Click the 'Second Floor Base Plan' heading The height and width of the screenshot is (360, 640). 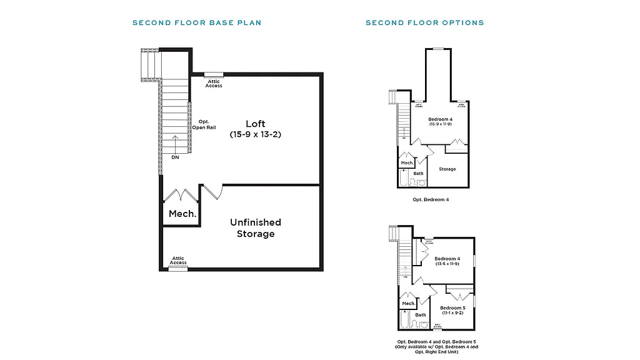(197, 23)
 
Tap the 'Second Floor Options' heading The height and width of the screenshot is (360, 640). (424, 23)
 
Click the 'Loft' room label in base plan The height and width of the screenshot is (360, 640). (255, 123)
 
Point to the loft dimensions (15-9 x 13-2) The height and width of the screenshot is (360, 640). (255, 134)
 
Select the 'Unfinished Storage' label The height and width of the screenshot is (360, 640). (255, 227)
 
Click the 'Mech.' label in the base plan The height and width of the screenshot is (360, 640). (182, 214)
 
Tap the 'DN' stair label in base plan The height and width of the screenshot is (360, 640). (176, 157)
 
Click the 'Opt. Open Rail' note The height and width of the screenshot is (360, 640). (207, 124)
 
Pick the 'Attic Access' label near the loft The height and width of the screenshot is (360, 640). (214, 83)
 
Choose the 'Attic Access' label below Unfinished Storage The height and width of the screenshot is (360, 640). (178, 261)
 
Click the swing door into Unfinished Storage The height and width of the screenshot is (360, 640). (213, 191)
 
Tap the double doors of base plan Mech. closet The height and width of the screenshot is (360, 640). (181, 194)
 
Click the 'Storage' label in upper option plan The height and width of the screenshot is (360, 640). (447, 169)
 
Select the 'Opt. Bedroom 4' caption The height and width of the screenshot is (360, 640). (431, 199)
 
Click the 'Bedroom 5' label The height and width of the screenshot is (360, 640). (452, 307)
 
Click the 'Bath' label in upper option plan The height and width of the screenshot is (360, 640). (418, 173)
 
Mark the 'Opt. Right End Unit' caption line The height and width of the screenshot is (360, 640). (437, 352)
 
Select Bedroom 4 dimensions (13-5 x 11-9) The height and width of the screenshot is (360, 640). (447, 264)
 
